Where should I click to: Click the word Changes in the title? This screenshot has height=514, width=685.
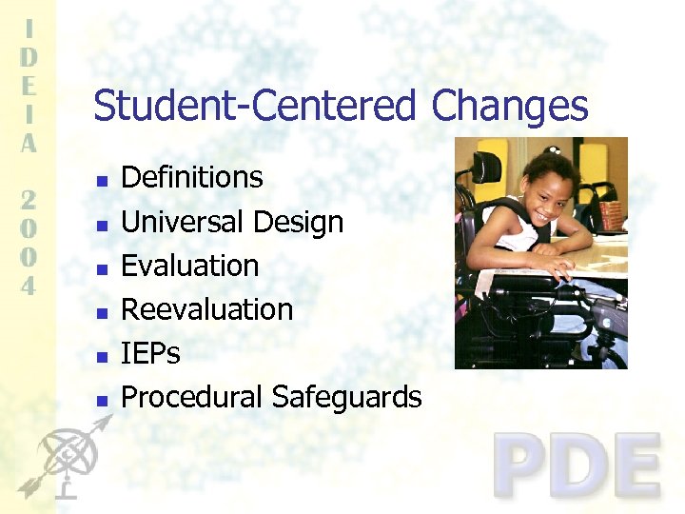[509, 106]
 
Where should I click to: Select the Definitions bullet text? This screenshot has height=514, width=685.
[192, 177]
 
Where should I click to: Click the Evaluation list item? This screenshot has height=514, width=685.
[190, 266]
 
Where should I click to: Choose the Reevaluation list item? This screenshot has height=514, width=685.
[207, 309]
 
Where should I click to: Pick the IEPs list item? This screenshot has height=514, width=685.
[151, 353]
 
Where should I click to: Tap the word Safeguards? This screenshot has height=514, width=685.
[345, 397]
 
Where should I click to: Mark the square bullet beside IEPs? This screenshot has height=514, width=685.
[102, 357]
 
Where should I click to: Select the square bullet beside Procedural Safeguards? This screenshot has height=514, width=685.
[102, 401]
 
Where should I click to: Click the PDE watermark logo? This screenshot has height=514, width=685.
[577, 465]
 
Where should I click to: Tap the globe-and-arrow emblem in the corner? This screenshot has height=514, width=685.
[62, 461]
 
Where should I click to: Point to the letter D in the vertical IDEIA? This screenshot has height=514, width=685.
[29, 57]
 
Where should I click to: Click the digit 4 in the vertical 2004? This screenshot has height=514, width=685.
[29, 285]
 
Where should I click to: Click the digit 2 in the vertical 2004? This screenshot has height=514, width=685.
[29, 201]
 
